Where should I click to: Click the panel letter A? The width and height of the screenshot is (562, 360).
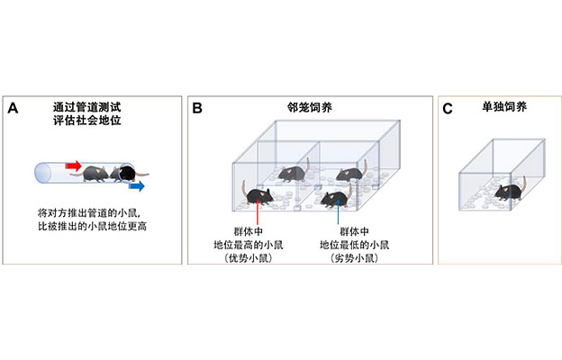coord(13,109)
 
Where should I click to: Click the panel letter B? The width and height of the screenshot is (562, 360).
coord(197,109)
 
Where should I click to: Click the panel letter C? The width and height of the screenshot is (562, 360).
coord(448,109)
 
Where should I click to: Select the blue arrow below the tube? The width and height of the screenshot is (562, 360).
coord(134,187)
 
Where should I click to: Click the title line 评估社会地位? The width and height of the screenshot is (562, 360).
coord(90,123)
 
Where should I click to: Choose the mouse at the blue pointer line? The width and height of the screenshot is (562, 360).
coord(339,195)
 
